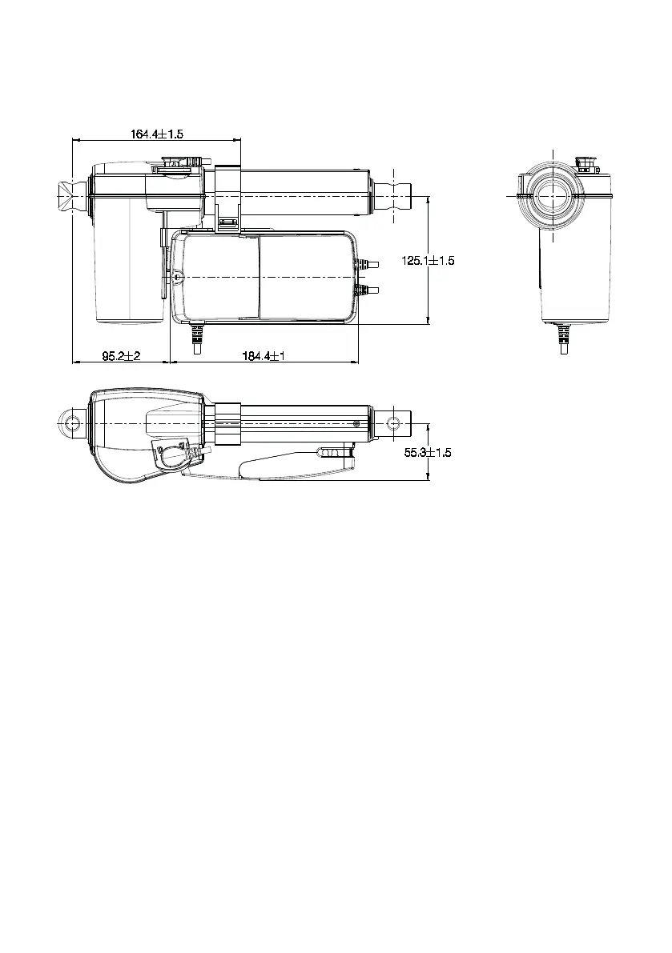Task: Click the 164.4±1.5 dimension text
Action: click(x=157, y=134)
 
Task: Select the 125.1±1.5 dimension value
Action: click(x=428, y=260)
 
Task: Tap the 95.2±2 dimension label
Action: click(x=121, y=355)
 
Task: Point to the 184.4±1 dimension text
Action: click(x=264, y=355)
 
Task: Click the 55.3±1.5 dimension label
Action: click(x=429, y=452)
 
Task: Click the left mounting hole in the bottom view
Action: click(x=74, y=423)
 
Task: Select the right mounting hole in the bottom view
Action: click(x=395, y=423)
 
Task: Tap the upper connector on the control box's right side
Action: click(x=367, y=264)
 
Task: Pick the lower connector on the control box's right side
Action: click(x=367, y=290)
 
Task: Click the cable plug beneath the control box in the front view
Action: click(x=196, y=339)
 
